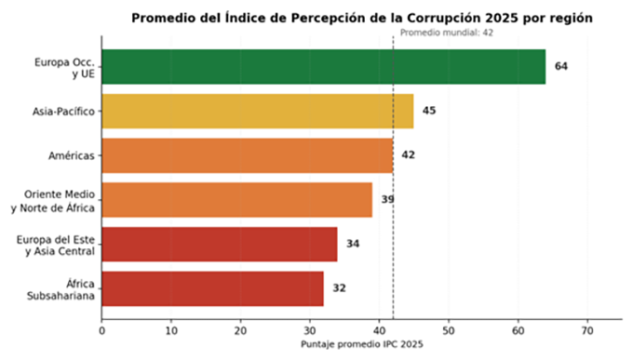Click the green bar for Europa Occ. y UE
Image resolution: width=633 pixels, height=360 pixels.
click(x=324, y=67)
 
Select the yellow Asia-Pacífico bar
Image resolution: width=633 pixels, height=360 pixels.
click(x=258, y=111)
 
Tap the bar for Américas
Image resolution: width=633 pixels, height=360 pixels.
click(x=248, y=155)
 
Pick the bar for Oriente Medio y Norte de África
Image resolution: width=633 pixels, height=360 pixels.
click(x=237, y=200)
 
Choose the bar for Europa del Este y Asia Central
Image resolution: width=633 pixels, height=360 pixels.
click(x=220, y=244)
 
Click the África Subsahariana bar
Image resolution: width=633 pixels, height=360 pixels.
click(x=213, y=288)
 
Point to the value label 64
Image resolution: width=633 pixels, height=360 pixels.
click(x=561, y=66)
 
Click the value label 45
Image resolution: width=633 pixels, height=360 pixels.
click(x=429, y=111)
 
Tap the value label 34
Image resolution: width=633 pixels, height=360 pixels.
click(x=353, y=244)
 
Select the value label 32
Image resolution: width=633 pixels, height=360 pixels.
click(x=339, y=288)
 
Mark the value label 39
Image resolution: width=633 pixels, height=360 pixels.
click(x=388, y=199)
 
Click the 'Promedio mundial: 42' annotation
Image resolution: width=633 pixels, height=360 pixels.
click(x=447, y=33)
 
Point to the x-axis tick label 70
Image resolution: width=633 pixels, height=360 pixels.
click(x=587, y=331)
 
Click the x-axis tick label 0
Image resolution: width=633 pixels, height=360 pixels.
click(x=101, y=331)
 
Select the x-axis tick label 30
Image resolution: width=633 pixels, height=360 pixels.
click(x=310, y=331)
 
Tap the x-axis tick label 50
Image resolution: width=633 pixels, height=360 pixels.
click(x=449, y=331)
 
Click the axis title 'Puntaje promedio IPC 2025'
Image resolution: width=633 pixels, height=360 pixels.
click(x=362, y=344)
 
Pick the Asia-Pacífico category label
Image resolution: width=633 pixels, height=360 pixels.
click(x=63, y=112)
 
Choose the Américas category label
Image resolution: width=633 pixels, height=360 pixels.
click(x=72, y=155)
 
